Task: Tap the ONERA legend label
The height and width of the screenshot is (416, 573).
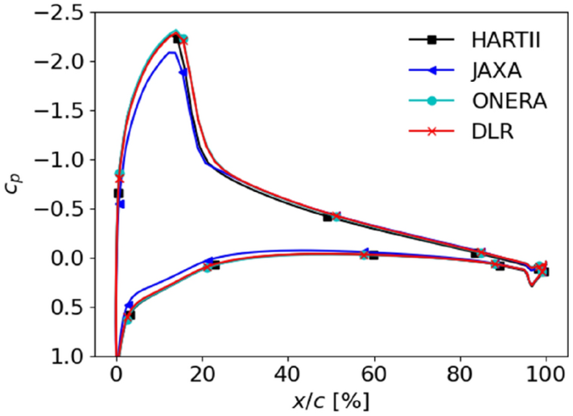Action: [495, 101]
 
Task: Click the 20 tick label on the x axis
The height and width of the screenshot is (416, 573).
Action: [202, 375]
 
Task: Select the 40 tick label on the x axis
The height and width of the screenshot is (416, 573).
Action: [288, 375]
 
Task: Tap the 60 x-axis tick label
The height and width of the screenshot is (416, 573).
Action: [375, 375]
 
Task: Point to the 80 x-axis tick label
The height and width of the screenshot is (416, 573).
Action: [460, 375]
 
